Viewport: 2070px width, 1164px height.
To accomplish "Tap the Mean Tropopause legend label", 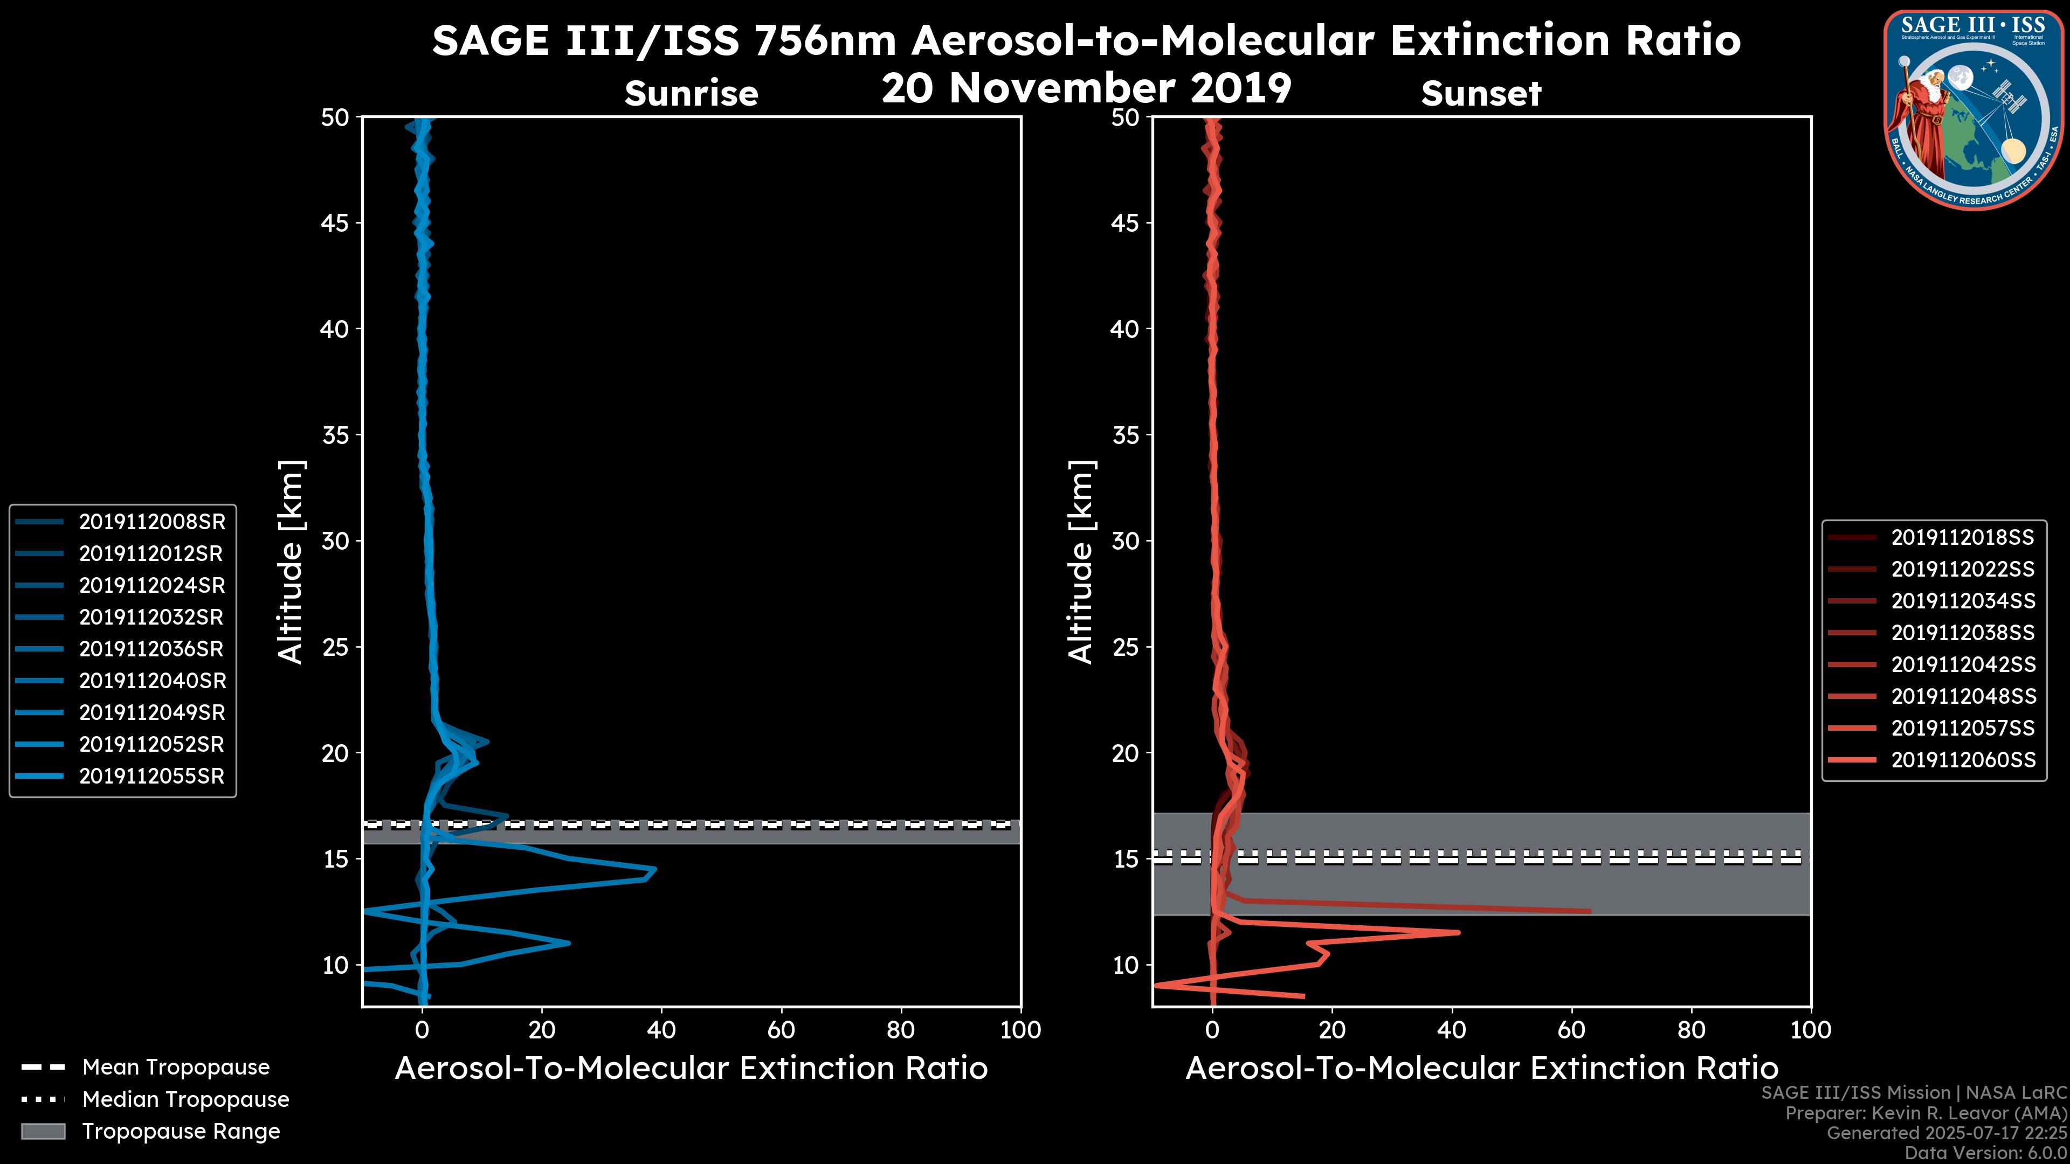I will [176, 1068].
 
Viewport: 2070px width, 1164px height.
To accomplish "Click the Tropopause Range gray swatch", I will [43, 1132].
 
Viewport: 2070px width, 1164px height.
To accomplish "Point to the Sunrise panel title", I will [691, 94].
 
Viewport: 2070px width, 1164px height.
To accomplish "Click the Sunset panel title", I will [1481, 94].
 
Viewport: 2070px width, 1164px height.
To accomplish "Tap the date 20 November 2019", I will [1086, 88].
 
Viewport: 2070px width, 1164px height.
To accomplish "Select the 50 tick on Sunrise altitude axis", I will [336, 117].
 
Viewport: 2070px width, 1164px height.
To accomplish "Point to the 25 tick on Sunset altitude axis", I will [1126, 647].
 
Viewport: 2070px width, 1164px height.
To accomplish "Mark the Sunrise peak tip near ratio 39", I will [655, 869].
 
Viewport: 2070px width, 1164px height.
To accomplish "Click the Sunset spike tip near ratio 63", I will [1590, 911].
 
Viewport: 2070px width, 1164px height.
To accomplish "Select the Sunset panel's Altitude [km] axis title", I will [1081, 562].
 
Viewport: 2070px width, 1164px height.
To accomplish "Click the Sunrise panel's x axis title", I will [691, 1069].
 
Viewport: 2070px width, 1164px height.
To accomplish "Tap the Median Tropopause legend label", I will [185, 1100].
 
